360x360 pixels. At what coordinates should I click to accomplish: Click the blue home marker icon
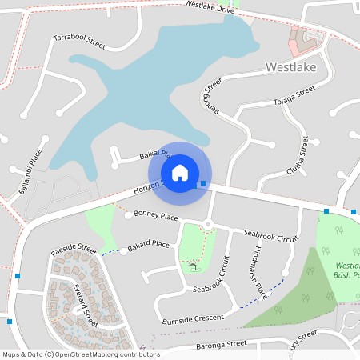click(x=180, y=173)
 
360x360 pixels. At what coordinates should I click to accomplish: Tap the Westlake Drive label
click(x=209, y=7)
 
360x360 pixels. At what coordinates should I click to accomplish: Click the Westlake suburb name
click(x=292, y=68)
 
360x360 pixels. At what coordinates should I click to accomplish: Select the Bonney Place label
click(x=156, y=215)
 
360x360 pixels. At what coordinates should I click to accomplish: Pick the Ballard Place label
click(x=149, y=244)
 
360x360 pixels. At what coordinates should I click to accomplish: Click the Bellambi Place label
click(x=30, y=171)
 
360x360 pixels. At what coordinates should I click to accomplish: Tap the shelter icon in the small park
click(x=192, y=266)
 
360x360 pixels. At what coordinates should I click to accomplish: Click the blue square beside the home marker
click(x=203, y=184)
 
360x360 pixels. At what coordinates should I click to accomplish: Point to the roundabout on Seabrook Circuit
click(x=207, y=225)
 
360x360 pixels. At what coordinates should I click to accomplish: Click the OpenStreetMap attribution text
click(x=70, y=354)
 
